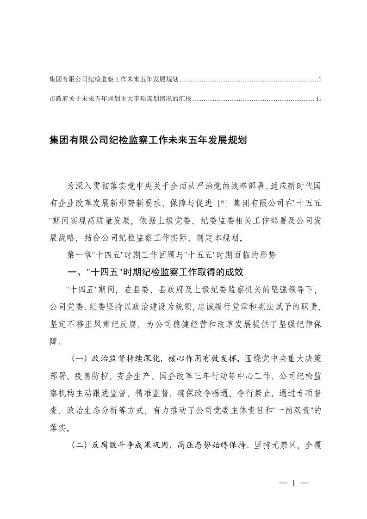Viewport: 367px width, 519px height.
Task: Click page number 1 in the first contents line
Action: click(x=320, y=80)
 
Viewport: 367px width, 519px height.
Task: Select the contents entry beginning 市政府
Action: click(x=120, y=99)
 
